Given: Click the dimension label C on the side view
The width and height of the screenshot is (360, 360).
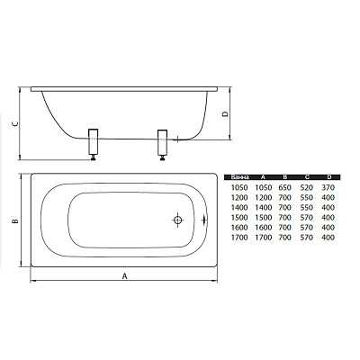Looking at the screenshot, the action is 17,123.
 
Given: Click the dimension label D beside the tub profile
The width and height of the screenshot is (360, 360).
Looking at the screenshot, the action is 225,114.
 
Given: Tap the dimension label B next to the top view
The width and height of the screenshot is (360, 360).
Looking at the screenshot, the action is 15,221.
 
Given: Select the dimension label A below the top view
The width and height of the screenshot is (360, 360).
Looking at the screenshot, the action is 125,275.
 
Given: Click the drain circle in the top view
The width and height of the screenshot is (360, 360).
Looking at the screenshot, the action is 177,220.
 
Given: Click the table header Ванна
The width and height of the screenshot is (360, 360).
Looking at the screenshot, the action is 239,177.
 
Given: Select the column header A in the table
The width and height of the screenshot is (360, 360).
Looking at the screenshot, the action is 263,177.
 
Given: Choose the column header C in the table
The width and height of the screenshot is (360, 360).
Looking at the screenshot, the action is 307,177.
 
